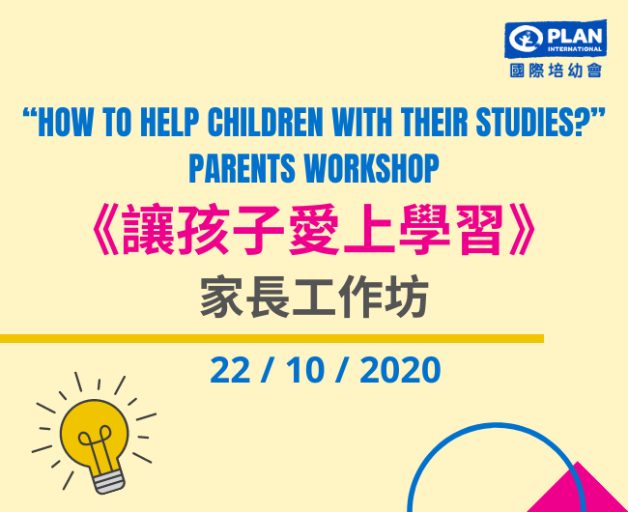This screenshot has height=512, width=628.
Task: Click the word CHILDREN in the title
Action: click(x=265, y=122)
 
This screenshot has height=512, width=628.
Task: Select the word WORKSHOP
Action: click(x=371, y=168)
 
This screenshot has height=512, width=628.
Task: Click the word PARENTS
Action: click(x=242, y=168)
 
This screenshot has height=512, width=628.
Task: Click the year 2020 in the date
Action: click(x=400, y=370)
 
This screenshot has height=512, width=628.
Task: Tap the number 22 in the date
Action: click(x=230, y=370)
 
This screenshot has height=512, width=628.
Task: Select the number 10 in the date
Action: click(x=304, y=370)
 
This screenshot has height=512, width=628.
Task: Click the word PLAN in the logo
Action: click(x=574, y=37)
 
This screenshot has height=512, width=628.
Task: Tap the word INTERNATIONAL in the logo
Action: click(x=574, y=49)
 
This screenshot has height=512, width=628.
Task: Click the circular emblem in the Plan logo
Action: click(x=527, y=39)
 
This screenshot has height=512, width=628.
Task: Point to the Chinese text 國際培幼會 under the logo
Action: click(x=556, y=71)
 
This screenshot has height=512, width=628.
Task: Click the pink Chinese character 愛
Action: click(x=314, y=230)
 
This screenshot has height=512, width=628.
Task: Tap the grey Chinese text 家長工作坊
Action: click(x=314, y=298)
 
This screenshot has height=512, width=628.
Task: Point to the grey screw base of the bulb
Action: click(x=109, y=480)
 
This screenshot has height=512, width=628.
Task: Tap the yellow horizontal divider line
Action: click(x=271, y=339)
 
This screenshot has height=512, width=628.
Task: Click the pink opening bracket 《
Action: click(x=105, y=230)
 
